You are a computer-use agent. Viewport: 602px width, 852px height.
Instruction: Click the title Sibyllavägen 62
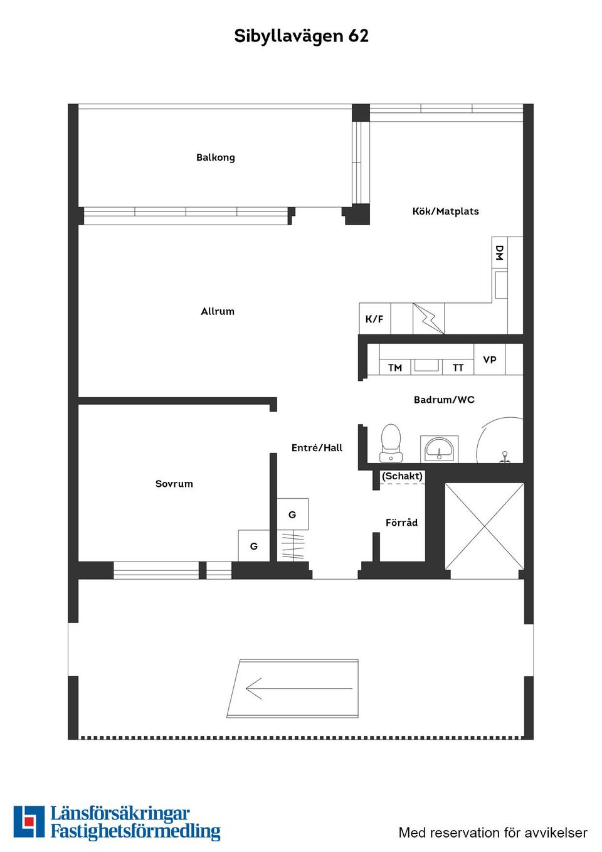[x=301, y=36]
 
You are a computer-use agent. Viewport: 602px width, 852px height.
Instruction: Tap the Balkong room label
[x=215, y=157]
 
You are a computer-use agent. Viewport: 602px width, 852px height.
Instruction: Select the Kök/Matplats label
[x=445, y=211]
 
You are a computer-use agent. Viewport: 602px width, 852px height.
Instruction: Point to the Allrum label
[x=218, y=311]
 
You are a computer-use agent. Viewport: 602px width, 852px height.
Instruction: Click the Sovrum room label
[x=174, y=484]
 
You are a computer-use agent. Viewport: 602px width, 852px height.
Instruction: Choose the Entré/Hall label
[x=317, y=448]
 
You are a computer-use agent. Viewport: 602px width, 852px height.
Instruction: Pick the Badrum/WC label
[x=444, y=400]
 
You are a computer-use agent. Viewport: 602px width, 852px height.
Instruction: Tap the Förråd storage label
[x=401, y=523]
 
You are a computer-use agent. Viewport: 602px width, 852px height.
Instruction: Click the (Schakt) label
[x=402, y=476]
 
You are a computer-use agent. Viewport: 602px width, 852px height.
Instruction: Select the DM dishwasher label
[x=499, y=253]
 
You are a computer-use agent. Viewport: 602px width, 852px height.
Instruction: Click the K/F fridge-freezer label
[x=374, y=319]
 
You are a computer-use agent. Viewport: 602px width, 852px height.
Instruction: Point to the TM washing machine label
[x=395, y=368]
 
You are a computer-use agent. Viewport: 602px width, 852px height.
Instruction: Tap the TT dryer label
[x=458, y=368]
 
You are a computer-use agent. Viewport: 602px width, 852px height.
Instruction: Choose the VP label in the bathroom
[x=490, y=359]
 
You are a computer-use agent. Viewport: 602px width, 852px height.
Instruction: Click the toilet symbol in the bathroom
[x=391, y=442]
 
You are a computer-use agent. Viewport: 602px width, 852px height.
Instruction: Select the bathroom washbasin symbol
[x=439, y=449]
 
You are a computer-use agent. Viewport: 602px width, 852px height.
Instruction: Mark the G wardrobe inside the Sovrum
[x=254, y=546]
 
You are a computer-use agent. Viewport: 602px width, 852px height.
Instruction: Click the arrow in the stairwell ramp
[x=298, y=689]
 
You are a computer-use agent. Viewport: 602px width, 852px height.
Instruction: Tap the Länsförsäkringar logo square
[x=29, y=822]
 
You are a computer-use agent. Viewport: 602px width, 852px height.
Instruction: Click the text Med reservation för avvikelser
[x=493, y=833]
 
